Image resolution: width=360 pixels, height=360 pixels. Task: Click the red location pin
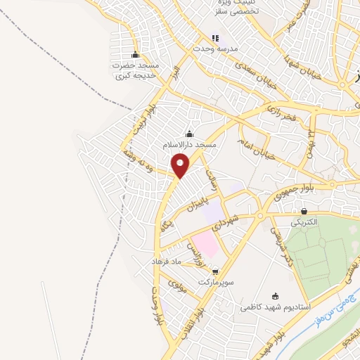click(x=181, y=166)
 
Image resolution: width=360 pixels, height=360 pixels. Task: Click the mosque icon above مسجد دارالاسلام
click(x=188, y=134)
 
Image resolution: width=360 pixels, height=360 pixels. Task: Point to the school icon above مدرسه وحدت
click(x=215, y=37)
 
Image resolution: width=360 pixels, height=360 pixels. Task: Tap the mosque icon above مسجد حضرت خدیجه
click(x=135, y=55)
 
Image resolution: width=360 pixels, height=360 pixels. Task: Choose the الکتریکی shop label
click(x=304, y=221)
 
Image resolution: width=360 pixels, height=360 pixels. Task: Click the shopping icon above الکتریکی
click(x=304, y=211)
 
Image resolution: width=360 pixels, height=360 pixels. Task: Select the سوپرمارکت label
click(x=214, y=281)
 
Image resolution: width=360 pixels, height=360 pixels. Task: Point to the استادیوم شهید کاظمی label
click(x=275, y=307)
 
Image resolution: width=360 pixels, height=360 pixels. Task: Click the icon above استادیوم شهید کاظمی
click(x=275, y=296)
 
